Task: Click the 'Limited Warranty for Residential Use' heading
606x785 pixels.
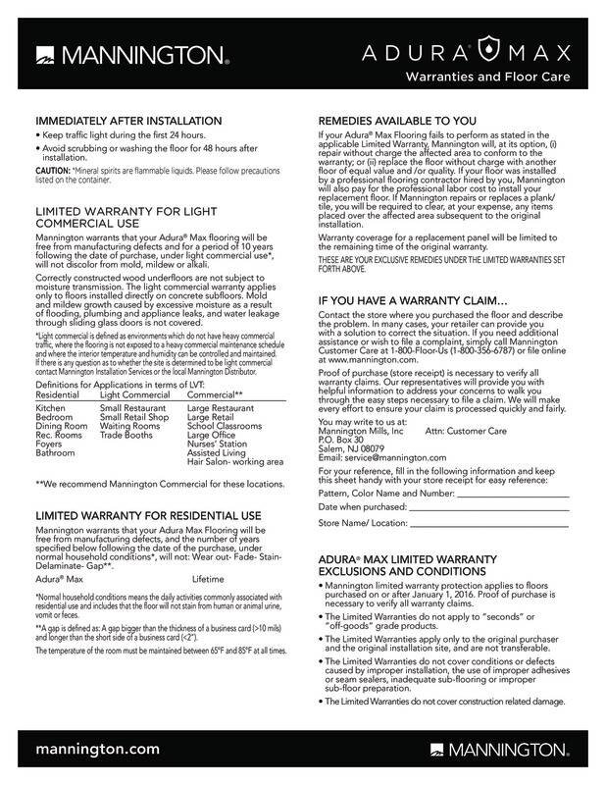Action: click(x=146, y=515)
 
